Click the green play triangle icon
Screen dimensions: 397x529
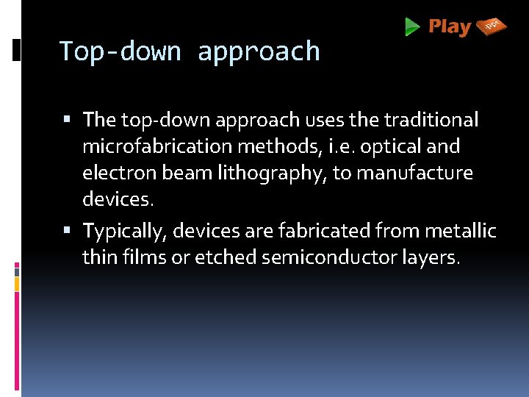pyautogui.click(x=412, y=27)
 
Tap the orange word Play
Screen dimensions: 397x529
pyautogui.click(x=450, y=27)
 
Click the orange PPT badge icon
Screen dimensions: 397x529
pyautogui.click(x=492, y=27)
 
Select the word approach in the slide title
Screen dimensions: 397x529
pyautogui.click(x=259, y=52)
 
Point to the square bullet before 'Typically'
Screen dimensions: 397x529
pyautogui.click(x=67, y=230)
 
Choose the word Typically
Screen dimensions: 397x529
pyautogui.click(x=125, y=232)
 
